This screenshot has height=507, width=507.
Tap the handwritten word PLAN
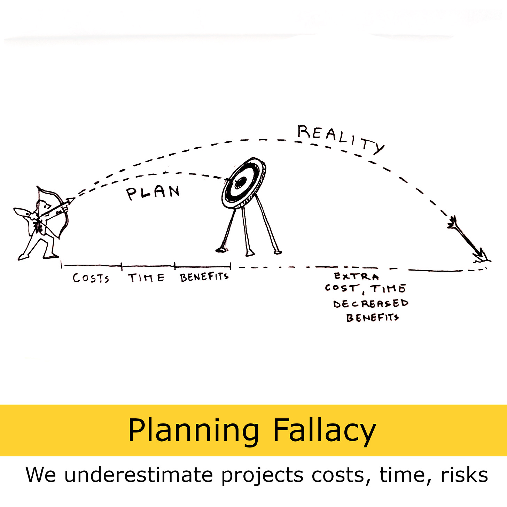click(x=153, y=192)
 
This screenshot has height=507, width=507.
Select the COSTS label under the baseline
click(x=91, y=278)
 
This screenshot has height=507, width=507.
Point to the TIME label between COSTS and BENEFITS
click(x=146, y=278)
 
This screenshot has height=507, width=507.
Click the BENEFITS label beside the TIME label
click(x=204, y=277)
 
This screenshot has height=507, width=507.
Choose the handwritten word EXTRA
click(x=356, y=276)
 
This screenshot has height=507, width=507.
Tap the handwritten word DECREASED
click(x=370, y=304)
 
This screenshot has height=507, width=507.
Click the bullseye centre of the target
click(x=240, y=182)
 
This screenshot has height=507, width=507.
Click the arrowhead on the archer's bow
click(x=71, y=201)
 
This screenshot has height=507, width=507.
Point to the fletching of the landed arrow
click(x=453, y=223)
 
